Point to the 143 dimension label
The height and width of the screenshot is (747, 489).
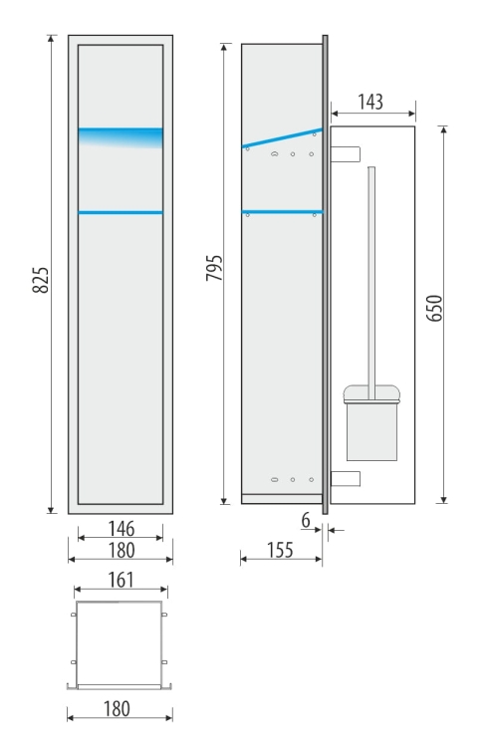pos(370,103)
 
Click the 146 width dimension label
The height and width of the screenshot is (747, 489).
pos(120,530)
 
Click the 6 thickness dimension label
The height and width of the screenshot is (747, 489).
pos(307,520)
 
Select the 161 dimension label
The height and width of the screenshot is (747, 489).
pos(120,580)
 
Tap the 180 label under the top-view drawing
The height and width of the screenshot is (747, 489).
pos(120,708)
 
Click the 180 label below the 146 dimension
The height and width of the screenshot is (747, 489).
pos(120,550)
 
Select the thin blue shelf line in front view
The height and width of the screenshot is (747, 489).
pos(121,212)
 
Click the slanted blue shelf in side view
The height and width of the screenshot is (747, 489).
pos(283,138)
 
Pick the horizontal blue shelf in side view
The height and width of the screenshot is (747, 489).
pos(282,211)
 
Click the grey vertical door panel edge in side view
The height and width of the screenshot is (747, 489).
pos(325,269)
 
